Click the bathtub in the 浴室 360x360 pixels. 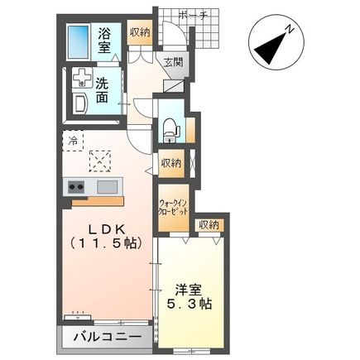click(x=79, y=42)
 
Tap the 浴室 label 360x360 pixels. click(x=104, y=41)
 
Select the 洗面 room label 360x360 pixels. click(x=102, y=91)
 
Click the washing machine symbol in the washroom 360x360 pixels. click(x=82, y=78)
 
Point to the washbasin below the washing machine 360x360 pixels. click(x=80, y=103)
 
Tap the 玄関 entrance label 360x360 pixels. click(x=173, y=63)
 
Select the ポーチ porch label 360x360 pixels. click(x=193, y=15)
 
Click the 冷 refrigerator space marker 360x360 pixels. click(x=73, y=141)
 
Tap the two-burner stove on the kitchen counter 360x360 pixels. click(x=76, y=187)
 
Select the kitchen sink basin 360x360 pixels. click(x=107, y=187)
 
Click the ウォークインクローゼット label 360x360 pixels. click(x=174, y=208)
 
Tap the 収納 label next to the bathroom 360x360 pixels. click(x=140, y=32)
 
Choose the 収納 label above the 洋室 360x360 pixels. click(x=209, y=225)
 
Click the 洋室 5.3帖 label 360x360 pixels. click(x=190, y=296)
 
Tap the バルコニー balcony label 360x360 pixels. click(x=108, y=337)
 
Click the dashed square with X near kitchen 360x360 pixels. click(x=100, y=161)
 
